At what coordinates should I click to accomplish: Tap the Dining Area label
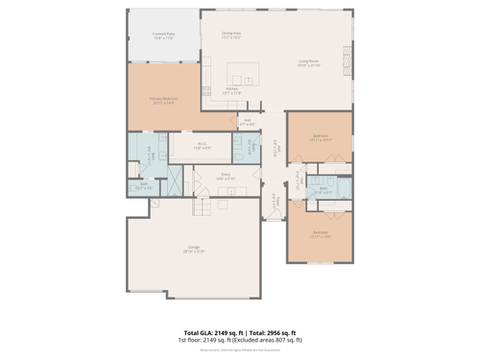coord(231,35)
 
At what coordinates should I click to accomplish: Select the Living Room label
coord(308,64)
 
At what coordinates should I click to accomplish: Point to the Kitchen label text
coord(232,90)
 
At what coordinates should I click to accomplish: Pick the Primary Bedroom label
coord(163,100)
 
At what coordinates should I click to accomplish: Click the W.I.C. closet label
coord(203,147)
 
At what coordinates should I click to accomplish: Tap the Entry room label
coord(226,178)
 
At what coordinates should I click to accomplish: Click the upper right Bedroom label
coord(321,137)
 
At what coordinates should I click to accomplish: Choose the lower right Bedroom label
coord(321,233)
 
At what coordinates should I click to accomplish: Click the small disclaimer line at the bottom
coord(240,350)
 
